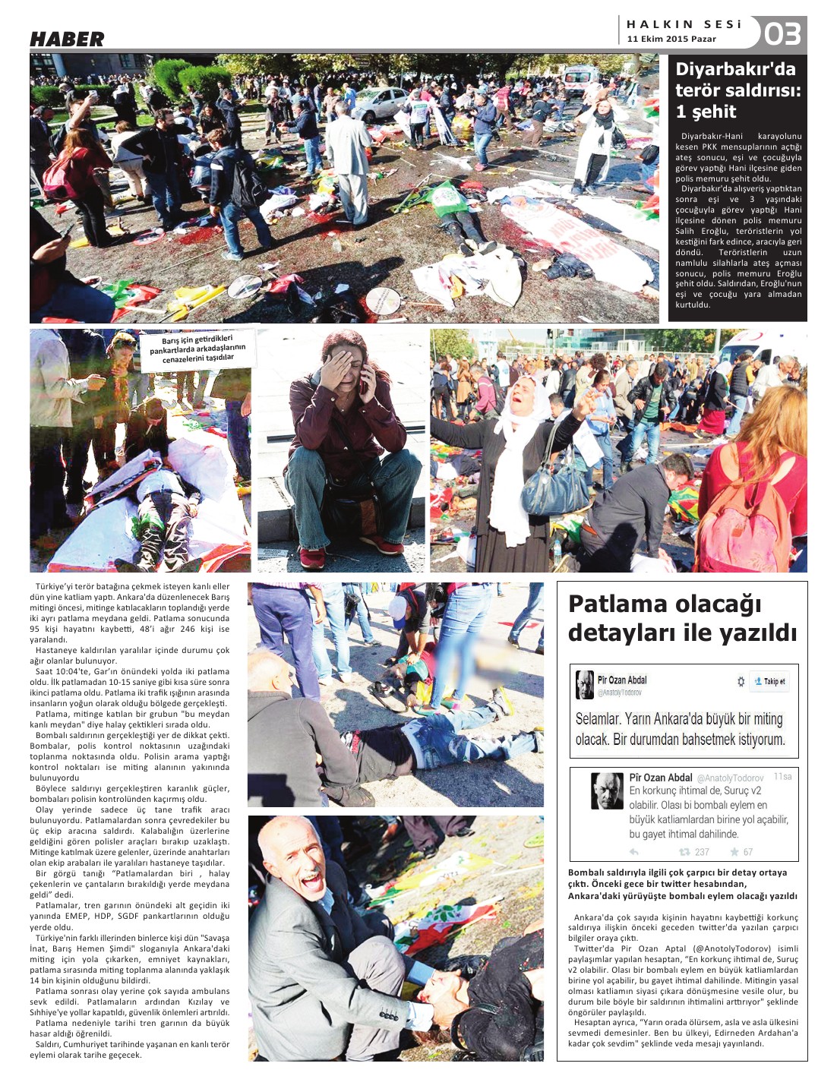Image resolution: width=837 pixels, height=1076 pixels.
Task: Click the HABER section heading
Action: (67, 39)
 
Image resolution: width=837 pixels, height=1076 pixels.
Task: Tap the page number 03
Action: (782, 34)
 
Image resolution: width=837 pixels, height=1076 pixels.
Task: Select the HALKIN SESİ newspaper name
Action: (683, 24)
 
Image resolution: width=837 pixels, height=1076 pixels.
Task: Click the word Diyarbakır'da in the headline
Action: (735, 69)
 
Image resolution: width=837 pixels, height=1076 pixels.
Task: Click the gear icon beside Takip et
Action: (741, 681)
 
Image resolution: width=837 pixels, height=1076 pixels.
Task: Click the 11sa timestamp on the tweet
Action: (782, 777)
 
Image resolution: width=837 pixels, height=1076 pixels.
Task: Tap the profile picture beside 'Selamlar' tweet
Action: (584, 684)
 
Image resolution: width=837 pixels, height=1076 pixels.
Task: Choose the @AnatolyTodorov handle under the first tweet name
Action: (619, 693)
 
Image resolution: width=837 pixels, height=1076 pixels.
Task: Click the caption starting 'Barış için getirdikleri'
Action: (197, 349)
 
